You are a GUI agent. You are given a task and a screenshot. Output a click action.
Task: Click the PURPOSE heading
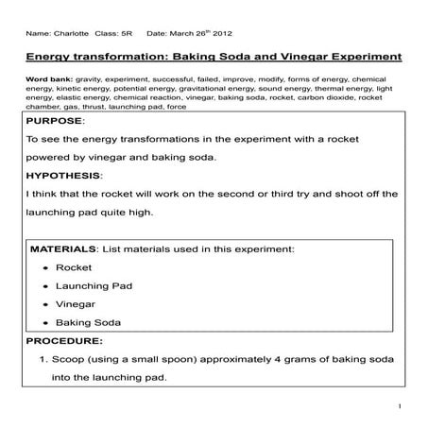[x=56, y=122]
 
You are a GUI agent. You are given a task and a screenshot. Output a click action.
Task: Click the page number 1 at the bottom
[x=401, y=407]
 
